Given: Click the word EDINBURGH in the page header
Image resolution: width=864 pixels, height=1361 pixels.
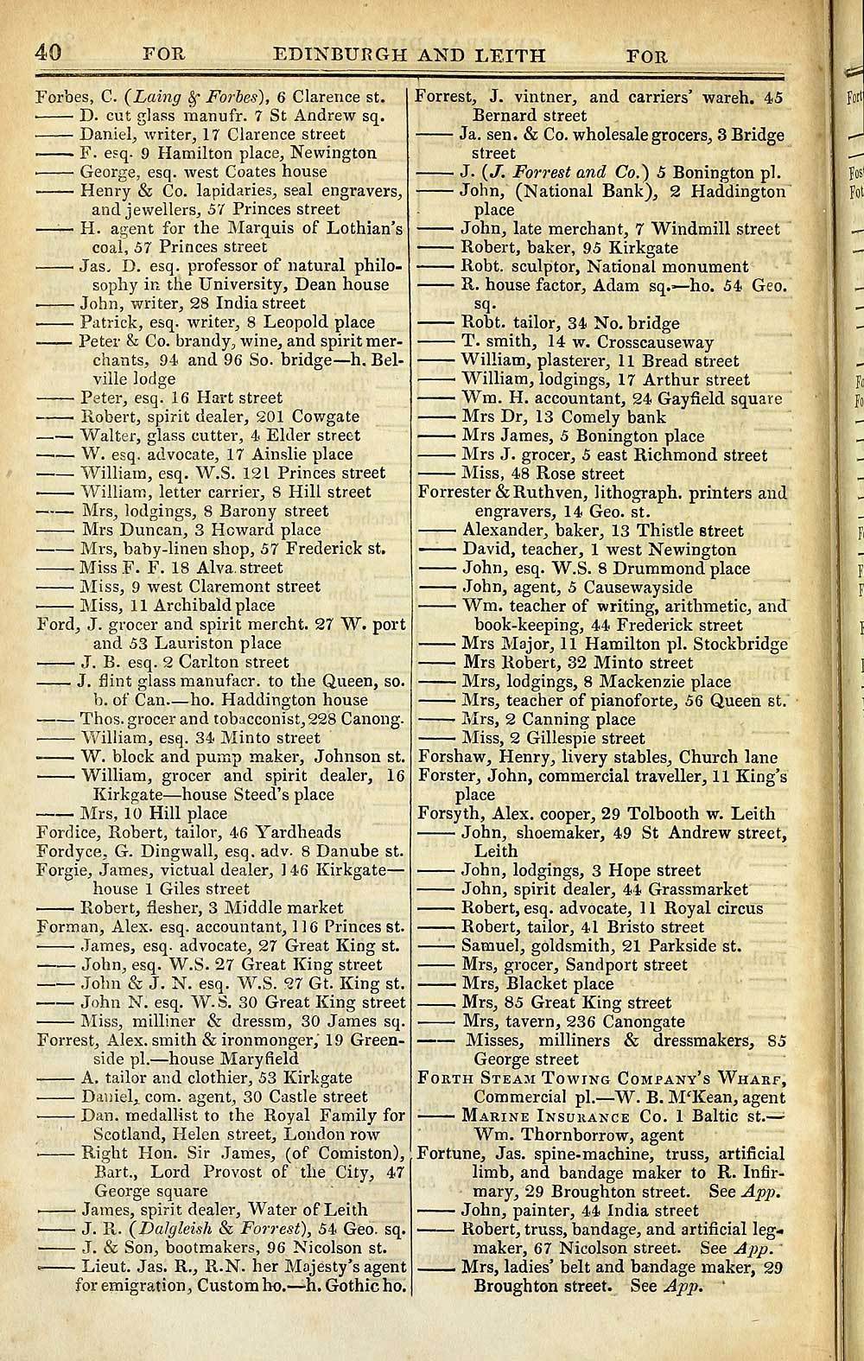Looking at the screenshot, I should [x=342, y=56].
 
